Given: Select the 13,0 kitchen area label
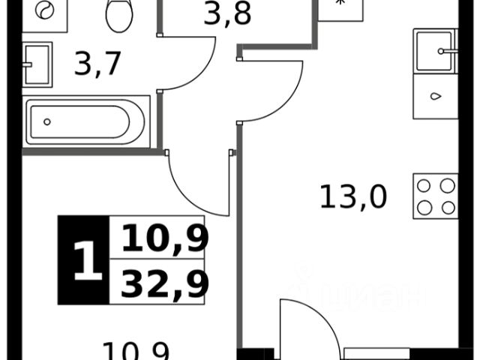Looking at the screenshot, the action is tap(352, 199).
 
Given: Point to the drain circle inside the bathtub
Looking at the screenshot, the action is tap(47, 121).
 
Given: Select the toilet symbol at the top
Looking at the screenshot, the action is tap(118, 15).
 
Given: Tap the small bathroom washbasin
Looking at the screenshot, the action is tap(36, 63).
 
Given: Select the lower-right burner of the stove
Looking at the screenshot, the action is tap(448, 207).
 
